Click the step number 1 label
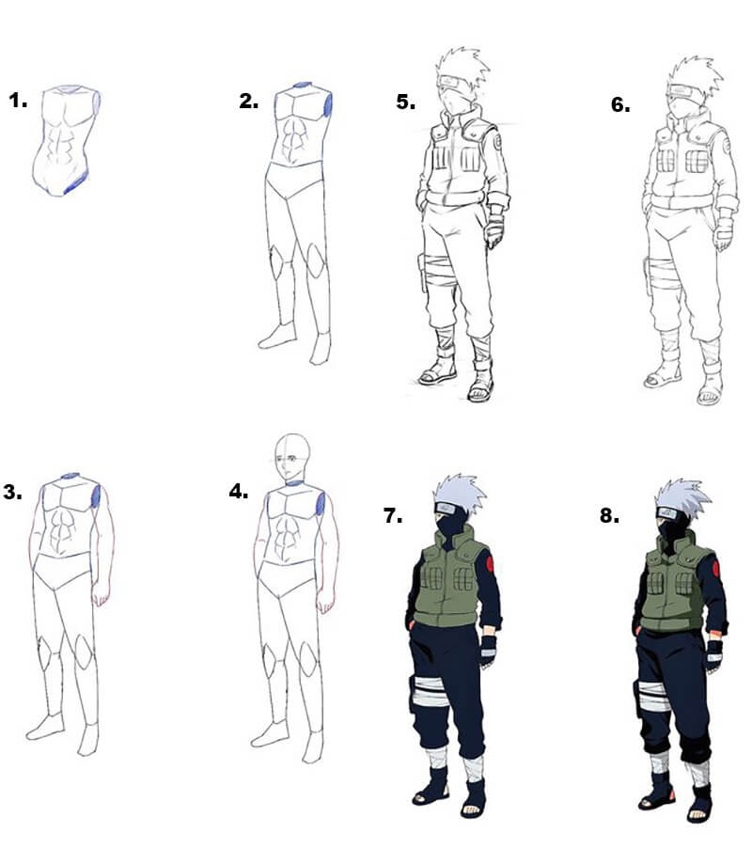pyautogui.click(x=18, y=101)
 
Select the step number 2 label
pyautogui.click(x=248, y=102)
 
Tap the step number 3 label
pyautogui.click(x=12, y=492)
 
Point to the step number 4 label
pyautogui.click(x=238, y=491)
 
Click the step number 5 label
pyautogui.click(x=405, y=102)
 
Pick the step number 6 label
pyautogui.click(x=620, y=104)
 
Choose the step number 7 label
pyautogui.click(x=393, y=515)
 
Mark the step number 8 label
pyautogui.click(x=609, y=515)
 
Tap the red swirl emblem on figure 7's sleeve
pyautogui.click(x=490, y=564)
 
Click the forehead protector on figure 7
pyautogui.click(x=448, y=509)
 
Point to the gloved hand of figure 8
pyautogui.click(x=714, y=654)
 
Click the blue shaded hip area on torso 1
pyautogui.click(x=75, y=183)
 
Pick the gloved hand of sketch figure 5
pyautogui.click(x=494, y=231)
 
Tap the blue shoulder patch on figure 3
pyautogui.click(x=97, y=496)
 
